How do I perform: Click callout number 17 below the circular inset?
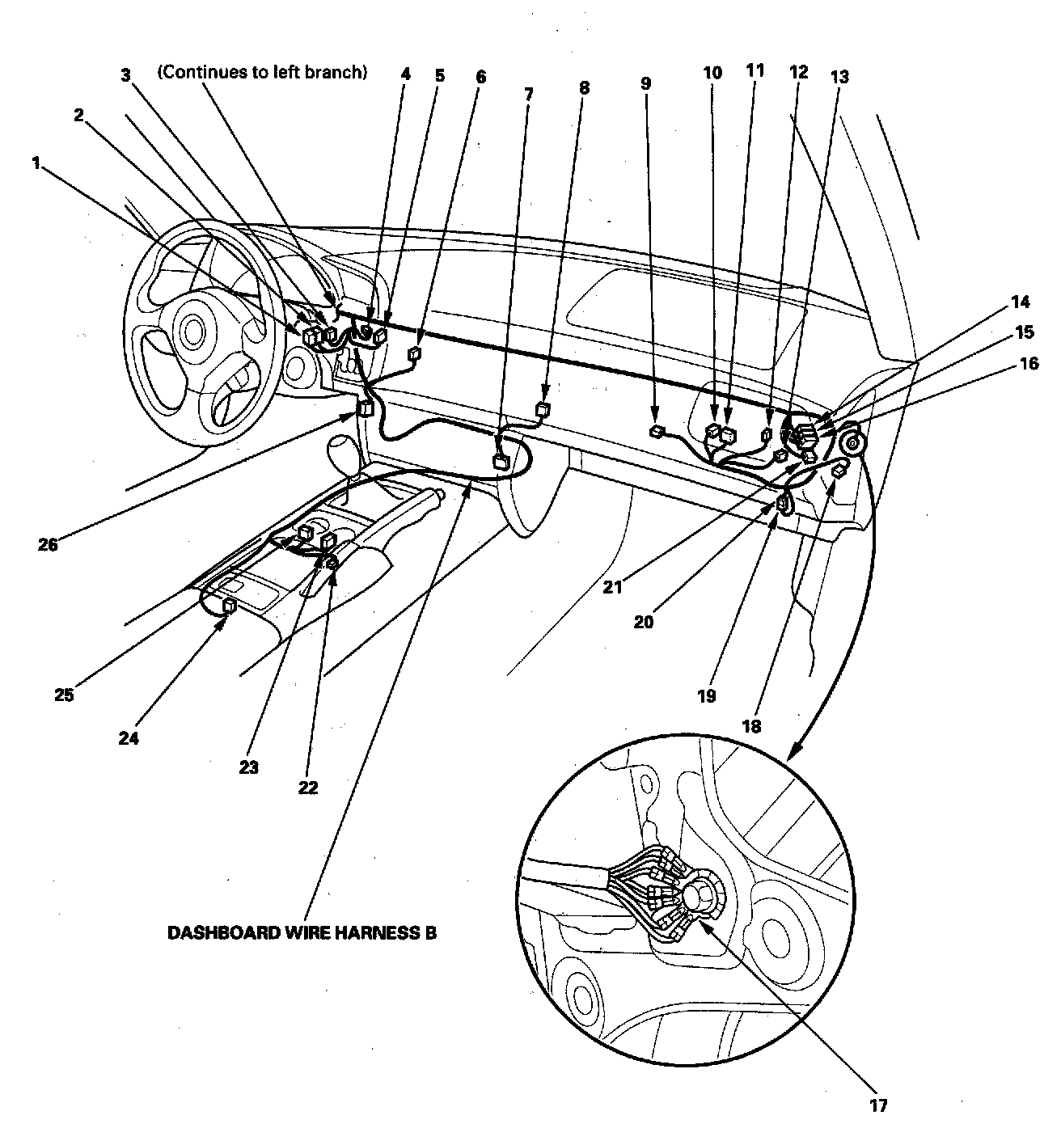[878, 1105]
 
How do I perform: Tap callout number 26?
[48, 544]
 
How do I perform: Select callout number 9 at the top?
[645, 82]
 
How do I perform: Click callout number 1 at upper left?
[36, 163]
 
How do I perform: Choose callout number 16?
[1029, 364]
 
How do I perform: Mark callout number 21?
[612, 588]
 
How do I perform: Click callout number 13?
[839, 77]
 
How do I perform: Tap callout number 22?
[308, 787]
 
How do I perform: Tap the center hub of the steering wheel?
[192, 329]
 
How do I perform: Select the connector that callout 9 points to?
[657, 432]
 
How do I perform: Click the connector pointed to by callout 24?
[230, 603]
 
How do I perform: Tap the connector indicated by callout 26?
[366, 408]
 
